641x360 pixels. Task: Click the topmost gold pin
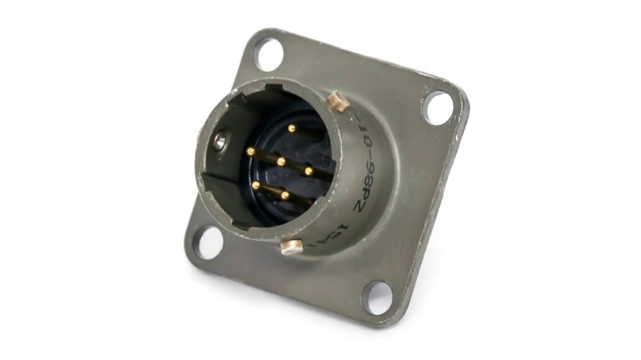[x=292, y=129]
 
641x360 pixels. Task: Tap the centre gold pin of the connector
[x=281, y=162]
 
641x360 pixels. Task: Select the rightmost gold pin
[x=309, y=171]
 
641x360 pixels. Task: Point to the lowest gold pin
[x=285, y=195]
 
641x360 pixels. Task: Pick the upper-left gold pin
[x=251, y=152]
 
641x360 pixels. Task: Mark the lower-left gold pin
[x=256, y=185]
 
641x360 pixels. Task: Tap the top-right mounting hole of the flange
[x=437, y=108]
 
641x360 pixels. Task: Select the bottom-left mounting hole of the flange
[x=208, y=242]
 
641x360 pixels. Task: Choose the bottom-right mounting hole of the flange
[x=377, y=298]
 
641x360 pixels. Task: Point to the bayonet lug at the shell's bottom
[x=292, y=247]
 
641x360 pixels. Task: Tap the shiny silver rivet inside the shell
[x=219, y=142]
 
